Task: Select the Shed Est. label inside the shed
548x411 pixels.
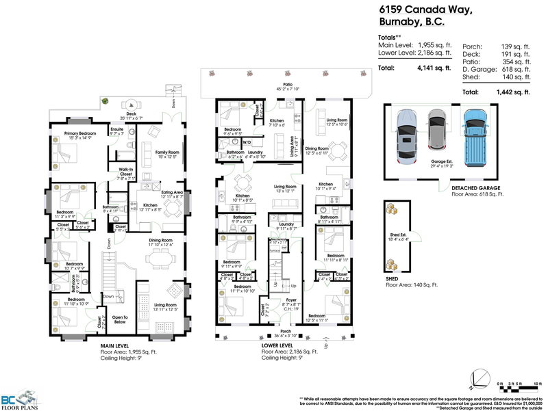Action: tap(401, 236)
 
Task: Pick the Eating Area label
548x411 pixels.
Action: tap(172, 193)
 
